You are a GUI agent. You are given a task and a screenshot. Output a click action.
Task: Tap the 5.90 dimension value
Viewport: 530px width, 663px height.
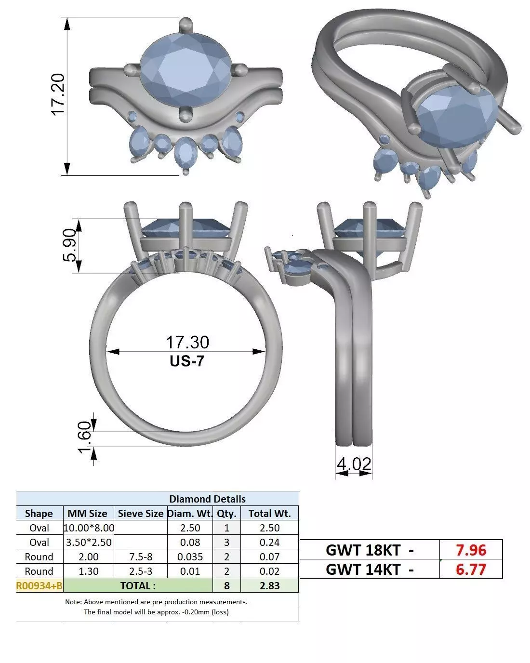69,246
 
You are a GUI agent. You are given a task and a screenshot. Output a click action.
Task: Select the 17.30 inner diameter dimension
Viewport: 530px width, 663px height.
187,342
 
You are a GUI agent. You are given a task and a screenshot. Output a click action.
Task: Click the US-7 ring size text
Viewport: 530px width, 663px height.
187,361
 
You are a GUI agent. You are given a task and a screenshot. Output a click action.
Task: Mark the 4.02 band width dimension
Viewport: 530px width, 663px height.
354,464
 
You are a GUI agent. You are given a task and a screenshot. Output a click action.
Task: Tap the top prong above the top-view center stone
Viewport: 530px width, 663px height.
185,24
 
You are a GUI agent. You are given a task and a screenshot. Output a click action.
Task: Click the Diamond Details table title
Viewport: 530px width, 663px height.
207,499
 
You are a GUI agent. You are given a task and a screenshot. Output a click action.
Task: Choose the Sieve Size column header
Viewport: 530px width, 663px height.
140,513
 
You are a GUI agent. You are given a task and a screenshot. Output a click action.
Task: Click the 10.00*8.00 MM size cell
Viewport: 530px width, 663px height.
89,528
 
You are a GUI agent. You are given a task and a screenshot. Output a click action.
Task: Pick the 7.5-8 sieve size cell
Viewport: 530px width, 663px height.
140,557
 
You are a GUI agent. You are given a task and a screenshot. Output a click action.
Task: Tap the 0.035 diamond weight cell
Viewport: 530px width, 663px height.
190,557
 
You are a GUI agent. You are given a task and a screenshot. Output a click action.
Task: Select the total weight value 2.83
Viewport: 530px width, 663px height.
269,585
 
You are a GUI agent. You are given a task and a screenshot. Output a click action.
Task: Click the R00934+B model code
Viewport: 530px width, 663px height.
40,585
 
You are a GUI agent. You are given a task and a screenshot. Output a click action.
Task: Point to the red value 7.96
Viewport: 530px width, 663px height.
471,550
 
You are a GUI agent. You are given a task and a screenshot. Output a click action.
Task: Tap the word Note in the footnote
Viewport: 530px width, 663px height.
73,602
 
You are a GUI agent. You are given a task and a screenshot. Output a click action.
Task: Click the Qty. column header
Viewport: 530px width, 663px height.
226,513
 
